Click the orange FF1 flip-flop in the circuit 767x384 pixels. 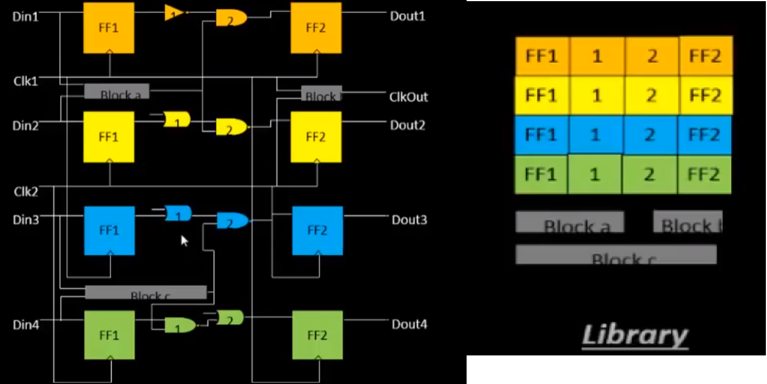pyautogui.click(x=109, y=28)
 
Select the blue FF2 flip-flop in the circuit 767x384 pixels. pyautogui.click(x=317, y=230)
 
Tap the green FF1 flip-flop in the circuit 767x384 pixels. pyautogui.click(x=109, y=335)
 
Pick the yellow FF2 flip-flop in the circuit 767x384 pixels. pyautogui.click(x=316, y=137)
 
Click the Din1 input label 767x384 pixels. pyautogui.click(x=26, y=17)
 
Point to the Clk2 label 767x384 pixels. pyautogui.click(x=26, y=191)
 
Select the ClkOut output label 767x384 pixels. pyautogui.click(x=408, y=97)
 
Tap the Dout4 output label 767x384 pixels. pyautogui.click(x=409, y=325)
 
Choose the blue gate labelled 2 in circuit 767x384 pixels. pyautogui.click(x=232, y=221)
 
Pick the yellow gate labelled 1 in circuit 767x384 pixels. pyautogui.click(x=176, y=120)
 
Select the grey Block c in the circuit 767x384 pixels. pyautogui.click(x=146, y=293)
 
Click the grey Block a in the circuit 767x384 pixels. pyautogui.click(x=117, y=91)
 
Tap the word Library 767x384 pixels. pyautogui.click(x=635, y=335)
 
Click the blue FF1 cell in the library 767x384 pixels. pyautogui.click(x=541, y=135)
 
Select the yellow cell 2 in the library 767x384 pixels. pyautogui.click(x=652, y=95)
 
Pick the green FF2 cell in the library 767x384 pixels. pyautogui.click(x=704, y=174)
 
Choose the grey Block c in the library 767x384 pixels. pyautogui.click(x=616, y=255)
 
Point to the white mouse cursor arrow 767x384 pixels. pyautogui.click(x=184, y=241)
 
